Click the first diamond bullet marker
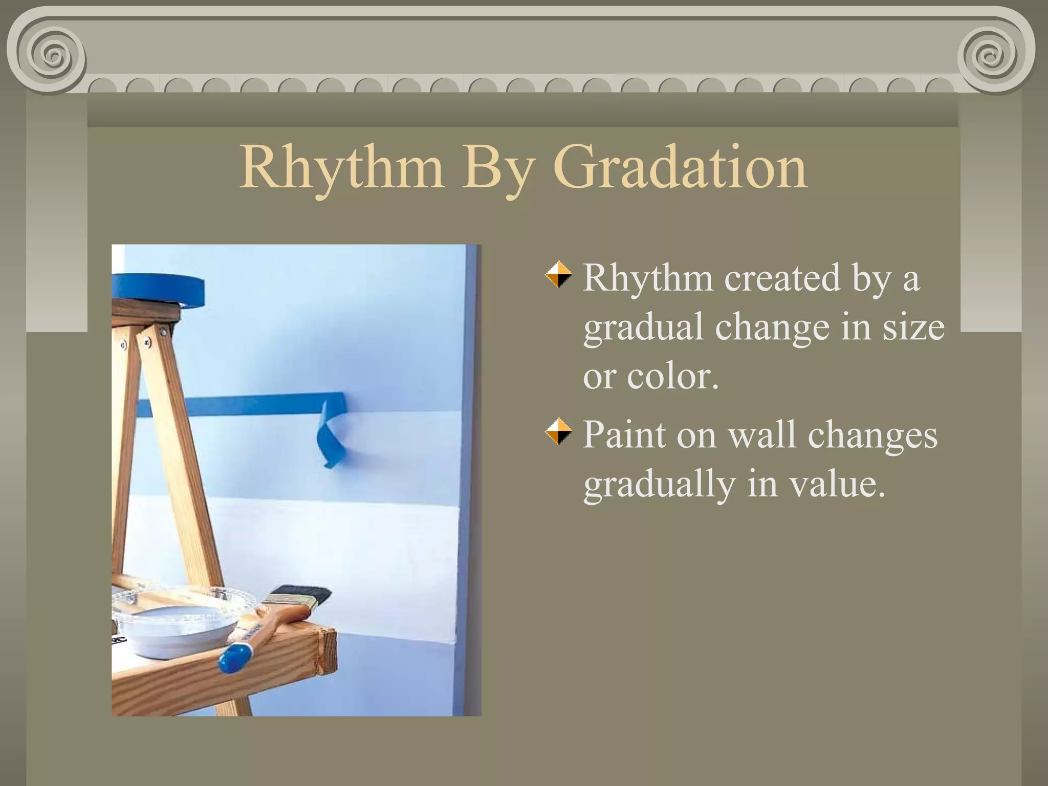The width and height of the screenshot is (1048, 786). [x=558, y=275]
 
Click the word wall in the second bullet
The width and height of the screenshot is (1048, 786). [x=762, y=435]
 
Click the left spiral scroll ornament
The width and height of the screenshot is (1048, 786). [x=50, y=53]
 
